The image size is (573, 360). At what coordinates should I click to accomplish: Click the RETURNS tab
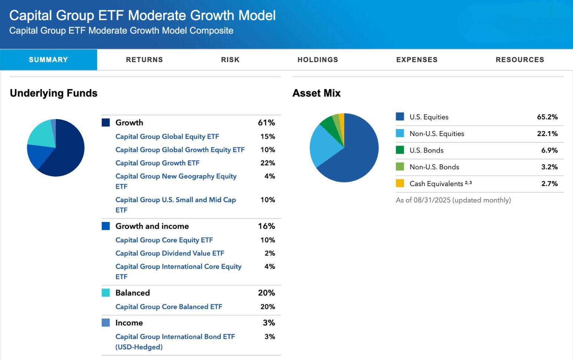144,60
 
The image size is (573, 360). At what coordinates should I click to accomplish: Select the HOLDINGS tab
317,60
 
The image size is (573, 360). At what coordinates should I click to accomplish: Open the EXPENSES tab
416,60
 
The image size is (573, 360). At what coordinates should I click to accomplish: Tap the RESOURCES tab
520,60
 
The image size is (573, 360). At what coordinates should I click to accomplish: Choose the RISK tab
230,60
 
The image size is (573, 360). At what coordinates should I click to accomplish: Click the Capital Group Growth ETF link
157,163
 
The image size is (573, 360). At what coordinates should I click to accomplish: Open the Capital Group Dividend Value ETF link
169,253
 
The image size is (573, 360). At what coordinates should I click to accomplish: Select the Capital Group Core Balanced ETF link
168,307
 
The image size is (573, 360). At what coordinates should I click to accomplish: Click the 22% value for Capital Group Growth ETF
267,163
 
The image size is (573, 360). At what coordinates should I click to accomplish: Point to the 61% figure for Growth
266,122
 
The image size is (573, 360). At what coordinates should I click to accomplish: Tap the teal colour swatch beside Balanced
106,293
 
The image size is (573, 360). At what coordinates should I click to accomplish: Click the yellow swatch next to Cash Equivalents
400,183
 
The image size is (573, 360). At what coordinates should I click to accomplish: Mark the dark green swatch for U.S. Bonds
400,150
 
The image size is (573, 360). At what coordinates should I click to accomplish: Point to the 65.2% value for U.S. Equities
547,117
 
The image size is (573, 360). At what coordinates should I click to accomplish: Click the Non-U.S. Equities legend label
437,134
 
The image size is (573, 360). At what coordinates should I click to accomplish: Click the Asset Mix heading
316,93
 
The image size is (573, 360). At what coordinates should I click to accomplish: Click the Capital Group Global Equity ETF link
167,137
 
